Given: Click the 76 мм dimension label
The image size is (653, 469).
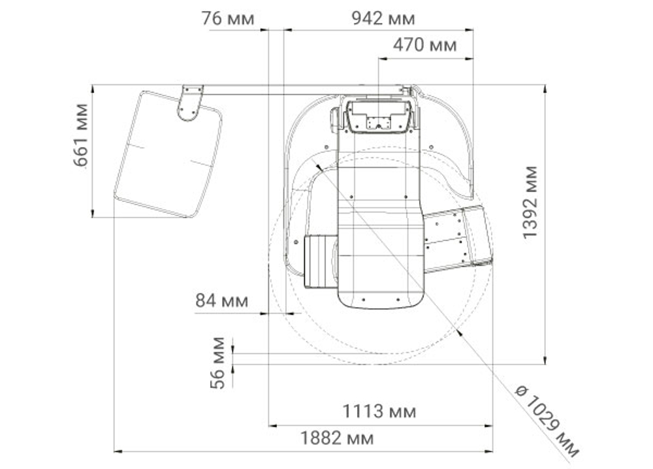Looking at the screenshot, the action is (x=227, y=19).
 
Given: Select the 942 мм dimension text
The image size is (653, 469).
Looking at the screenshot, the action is (x=383, y=19).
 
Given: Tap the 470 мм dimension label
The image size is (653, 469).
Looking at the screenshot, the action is (x=425, y=45).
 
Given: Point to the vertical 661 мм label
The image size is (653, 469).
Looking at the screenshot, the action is (x=81, y=135).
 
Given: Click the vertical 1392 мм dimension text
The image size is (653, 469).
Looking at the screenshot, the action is (x=530, y=202).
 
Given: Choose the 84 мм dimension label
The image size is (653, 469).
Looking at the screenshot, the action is (x=222, y=300).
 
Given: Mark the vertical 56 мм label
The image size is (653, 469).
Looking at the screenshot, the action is (x=217, y=363).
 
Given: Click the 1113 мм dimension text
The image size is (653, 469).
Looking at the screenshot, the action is (x=379, y=412).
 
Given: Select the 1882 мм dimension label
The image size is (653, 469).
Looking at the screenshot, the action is (x=337, y=438).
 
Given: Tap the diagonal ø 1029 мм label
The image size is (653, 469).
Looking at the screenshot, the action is (x=547, y=421).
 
